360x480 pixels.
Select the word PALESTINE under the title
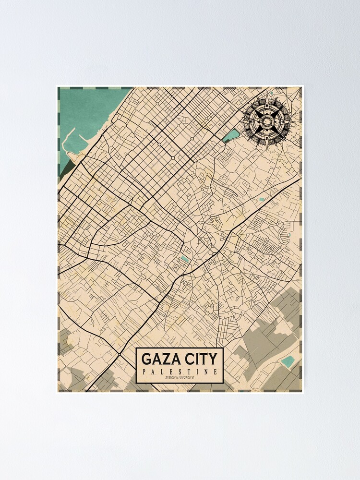180,372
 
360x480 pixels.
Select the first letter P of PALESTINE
144,372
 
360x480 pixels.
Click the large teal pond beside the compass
231,135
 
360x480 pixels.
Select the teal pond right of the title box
288,361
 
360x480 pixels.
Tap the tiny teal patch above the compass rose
271,93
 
